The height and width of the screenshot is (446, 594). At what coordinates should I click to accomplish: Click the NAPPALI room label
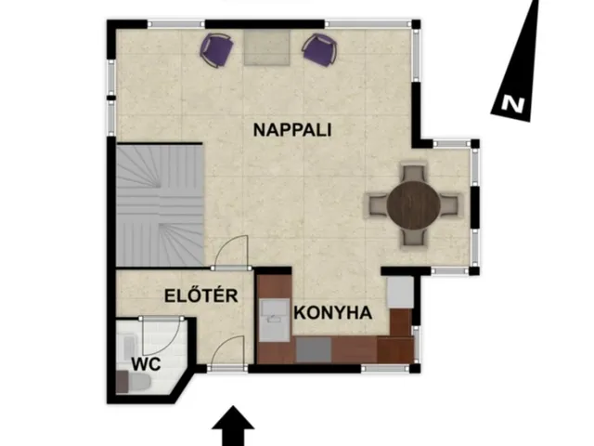(292, 130)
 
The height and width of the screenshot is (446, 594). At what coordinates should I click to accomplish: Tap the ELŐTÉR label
(201, 295)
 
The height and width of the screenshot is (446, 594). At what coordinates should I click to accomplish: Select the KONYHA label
(332, 313)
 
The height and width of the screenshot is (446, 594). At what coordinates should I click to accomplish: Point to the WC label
(146, 364)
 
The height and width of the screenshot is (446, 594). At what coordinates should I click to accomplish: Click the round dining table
(414, 205)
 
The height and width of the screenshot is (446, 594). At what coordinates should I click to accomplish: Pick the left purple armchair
(216, 50)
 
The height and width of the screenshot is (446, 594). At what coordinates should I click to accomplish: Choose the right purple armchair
(319, 49)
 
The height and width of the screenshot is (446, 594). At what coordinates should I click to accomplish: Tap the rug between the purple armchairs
(267, 47)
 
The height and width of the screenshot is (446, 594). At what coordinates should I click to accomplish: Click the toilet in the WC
(134, 382)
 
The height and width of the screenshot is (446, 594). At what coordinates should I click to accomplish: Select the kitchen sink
(275, 320)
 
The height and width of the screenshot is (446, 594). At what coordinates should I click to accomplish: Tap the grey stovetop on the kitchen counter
(314, 349)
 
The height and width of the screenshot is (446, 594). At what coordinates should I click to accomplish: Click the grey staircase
(160, 205)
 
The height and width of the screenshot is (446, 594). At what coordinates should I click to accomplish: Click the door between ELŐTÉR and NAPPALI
(231, 252)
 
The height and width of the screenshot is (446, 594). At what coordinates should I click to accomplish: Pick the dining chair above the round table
(413, 174)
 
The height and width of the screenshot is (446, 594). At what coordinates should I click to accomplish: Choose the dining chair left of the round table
(378, 205)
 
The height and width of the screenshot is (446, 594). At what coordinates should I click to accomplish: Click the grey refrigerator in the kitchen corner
(400, 293)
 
